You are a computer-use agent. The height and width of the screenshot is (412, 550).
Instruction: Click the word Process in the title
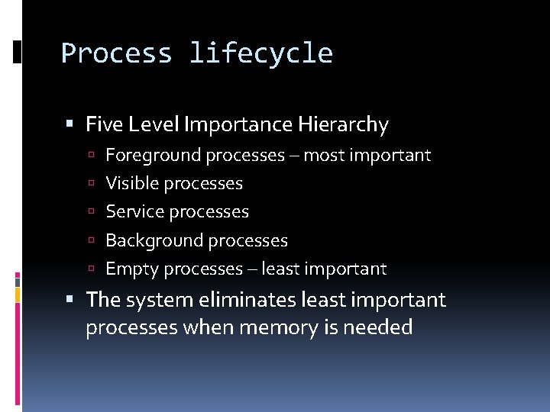[x=116, y=53]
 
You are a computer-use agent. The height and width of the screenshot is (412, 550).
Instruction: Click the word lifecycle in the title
[x=260, y=53]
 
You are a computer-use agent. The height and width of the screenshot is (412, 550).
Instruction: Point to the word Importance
[x=235, y=124]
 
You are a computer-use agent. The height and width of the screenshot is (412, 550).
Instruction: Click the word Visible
[x=132, y=184]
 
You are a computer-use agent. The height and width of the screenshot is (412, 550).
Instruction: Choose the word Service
[x=134, y=212]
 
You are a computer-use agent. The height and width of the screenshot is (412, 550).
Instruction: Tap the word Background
[x=154, y=240]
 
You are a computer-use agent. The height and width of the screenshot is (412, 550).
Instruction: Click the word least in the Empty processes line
[x=280, y=269]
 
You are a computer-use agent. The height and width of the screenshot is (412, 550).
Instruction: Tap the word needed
[x=378, y=328]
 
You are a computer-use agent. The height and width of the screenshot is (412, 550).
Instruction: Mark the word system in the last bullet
[x=157, y=300]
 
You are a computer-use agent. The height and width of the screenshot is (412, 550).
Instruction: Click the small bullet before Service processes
[x=90, y=212]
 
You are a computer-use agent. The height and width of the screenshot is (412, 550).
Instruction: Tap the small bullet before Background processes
[x=90, y=240]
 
